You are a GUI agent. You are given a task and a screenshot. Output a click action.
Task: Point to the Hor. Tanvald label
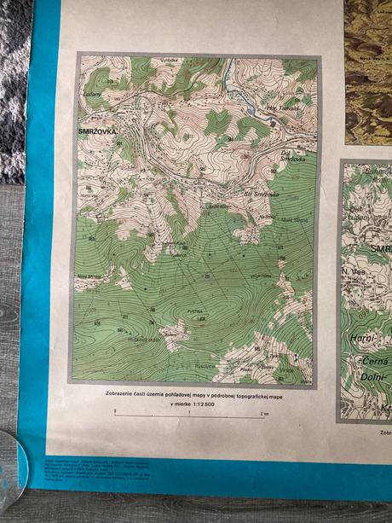[280, 108]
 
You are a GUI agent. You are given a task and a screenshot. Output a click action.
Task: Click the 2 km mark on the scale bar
[265, 413]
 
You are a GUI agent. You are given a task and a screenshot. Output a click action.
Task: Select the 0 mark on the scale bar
[115, 413]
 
